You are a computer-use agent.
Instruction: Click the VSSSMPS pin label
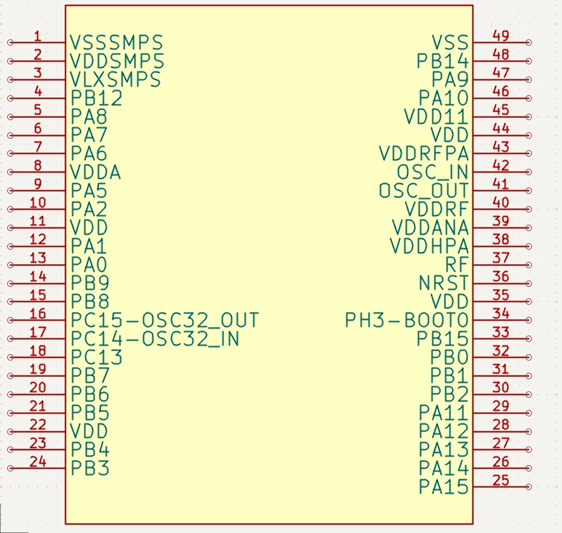tap(117, 43)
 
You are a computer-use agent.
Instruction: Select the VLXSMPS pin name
tap(115, 79)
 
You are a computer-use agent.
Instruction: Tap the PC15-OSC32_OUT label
tap(165, 321)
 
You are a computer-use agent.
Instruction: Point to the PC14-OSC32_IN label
tap(155, 339)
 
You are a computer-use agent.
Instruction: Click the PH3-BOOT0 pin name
tap(407, 321)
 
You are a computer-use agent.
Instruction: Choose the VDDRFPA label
tap(424, 153)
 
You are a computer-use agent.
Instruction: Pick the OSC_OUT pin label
tap(424, 190)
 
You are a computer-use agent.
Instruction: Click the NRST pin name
tap(444, 283)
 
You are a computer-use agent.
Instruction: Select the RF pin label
tap(457, 265)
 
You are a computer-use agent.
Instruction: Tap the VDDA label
tap(95, 172)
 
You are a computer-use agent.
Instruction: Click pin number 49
tap(500, 36)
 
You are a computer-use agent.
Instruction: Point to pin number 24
tap(38, 461)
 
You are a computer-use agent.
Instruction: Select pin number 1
tap(38, 36)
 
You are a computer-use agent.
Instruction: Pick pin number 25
tap(500, 480)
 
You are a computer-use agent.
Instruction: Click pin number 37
tap(500, 258)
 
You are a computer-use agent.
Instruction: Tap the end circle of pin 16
tap(11, 321)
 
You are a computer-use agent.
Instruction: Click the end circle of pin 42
tap(528, 172)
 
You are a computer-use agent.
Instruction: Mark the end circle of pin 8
tap(11, 172)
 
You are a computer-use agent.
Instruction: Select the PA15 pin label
tap(444, 486)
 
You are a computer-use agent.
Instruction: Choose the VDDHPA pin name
tap(430, 246)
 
